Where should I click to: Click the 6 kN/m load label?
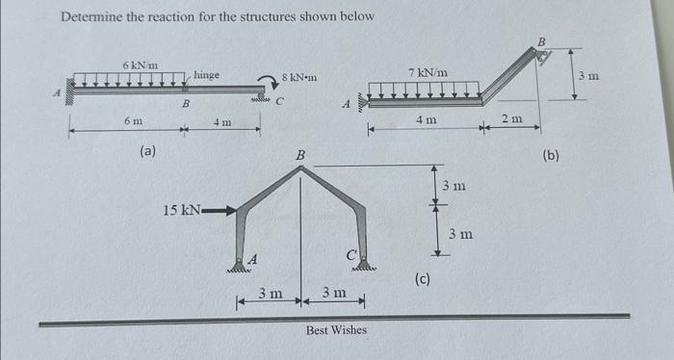click(135, 64)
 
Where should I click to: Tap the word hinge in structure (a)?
click(206, 75)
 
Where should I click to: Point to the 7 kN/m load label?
click(428, 72)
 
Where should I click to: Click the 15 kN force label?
click(181, 210)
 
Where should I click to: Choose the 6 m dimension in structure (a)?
click(133, 121)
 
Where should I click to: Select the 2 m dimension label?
click(511, 117)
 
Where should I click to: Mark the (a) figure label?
click(149, 150)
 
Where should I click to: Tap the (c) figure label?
click(422, 280)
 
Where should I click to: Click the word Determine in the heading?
click(92, 17)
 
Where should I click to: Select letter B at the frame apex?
click(299, 154)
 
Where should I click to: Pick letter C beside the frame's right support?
click(350, 256)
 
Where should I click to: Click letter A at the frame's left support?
click(253, 258)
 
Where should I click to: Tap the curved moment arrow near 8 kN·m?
click(266, 83)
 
